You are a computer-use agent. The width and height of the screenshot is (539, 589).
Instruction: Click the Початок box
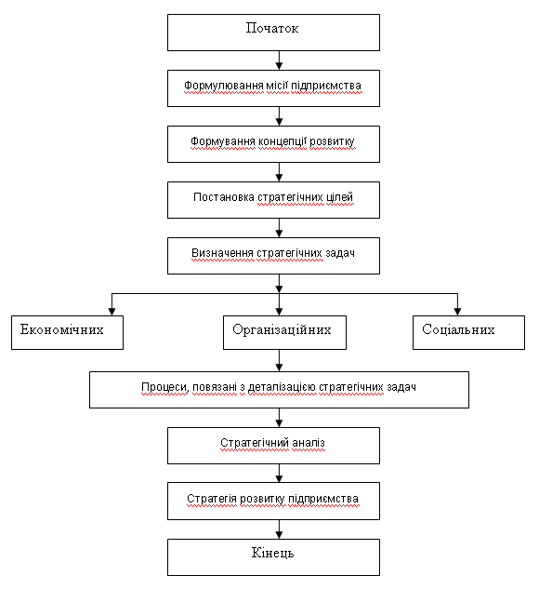click(273, 33)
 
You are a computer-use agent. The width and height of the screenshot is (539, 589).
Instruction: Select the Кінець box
click(273, 557)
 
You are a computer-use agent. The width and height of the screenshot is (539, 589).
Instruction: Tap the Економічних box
click(67, 332)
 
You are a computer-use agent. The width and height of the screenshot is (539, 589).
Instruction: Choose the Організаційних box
click(284, 332)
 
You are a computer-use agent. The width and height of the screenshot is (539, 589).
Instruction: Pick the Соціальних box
click(469, 332)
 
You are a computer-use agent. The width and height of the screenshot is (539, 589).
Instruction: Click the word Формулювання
click(224, 86)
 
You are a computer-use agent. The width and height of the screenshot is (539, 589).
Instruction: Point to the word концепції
click(283, 141)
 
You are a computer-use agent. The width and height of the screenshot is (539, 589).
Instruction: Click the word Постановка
click(224, 197)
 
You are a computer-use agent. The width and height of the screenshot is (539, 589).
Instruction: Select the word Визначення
click(222, 253)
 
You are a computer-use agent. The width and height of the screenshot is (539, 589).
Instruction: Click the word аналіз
click(309, 443)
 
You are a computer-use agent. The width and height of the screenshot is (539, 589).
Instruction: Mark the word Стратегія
click(212, 499)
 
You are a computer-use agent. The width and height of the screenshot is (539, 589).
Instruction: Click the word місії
click(277, 86)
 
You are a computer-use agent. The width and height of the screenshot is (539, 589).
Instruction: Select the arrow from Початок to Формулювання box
click(279, 60)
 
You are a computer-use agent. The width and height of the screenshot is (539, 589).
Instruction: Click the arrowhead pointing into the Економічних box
click(112, 312)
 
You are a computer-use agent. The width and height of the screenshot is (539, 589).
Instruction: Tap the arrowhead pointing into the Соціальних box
click(457, 312)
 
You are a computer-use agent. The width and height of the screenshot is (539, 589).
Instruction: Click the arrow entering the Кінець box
click(279, 529)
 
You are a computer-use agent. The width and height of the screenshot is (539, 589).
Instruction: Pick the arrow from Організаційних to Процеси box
click(279, 361)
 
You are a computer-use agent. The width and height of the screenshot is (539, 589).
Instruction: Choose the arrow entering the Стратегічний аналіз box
click(279, 418)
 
